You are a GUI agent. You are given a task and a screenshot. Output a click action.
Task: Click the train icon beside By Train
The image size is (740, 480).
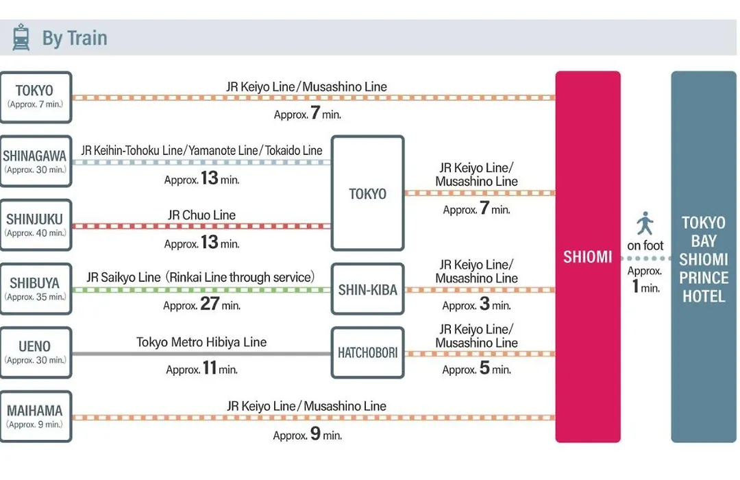[21, 37]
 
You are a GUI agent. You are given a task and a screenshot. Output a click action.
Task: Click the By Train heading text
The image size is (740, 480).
[75, 38]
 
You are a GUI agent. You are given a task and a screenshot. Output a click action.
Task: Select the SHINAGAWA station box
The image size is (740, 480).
[36, 162]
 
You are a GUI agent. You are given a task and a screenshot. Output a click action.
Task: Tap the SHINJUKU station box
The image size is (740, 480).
[36, 225]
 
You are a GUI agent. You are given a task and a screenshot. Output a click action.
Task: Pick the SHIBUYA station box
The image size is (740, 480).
[36, 289]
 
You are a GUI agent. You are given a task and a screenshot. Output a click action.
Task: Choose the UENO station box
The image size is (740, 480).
[36, 352]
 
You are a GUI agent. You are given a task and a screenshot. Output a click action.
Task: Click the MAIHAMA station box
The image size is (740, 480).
[36, 416]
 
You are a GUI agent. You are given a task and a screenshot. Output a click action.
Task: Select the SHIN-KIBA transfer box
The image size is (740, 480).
[368, 289]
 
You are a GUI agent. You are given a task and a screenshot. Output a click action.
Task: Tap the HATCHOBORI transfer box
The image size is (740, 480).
[368, 352]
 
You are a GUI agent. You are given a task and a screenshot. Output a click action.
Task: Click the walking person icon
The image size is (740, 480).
[645, 223]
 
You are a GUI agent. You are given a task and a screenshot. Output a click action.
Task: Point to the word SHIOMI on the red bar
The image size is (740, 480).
[588, 257]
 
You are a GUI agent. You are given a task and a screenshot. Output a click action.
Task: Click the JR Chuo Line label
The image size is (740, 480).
[201, 215]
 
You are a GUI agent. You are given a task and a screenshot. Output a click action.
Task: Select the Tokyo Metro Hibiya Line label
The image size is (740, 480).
[201, 342]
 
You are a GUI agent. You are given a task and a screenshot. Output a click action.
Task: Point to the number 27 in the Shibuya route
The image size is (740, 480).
[210, 303]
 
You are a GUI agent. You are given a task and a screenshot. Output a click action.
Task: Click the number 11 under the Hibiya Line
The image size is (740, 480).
[210, 368]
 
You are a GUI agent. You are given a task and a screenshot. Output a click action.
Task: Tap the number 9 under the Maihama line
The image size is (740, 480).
[315, 433]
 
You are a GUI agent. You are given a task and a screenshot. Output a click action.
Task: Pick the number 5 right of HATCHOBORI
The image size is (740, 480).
[484, 368]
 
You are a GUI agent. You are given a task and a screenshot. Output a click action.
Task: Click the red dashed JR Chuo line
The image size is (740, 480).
[201, 226]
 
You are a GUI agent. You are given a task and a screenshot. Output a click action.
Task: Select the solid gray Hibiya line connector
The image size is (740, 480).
[201, 353]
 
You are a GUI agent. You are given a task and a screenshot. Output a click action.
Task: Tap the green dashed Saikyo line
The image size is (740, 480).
[201, 289]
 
